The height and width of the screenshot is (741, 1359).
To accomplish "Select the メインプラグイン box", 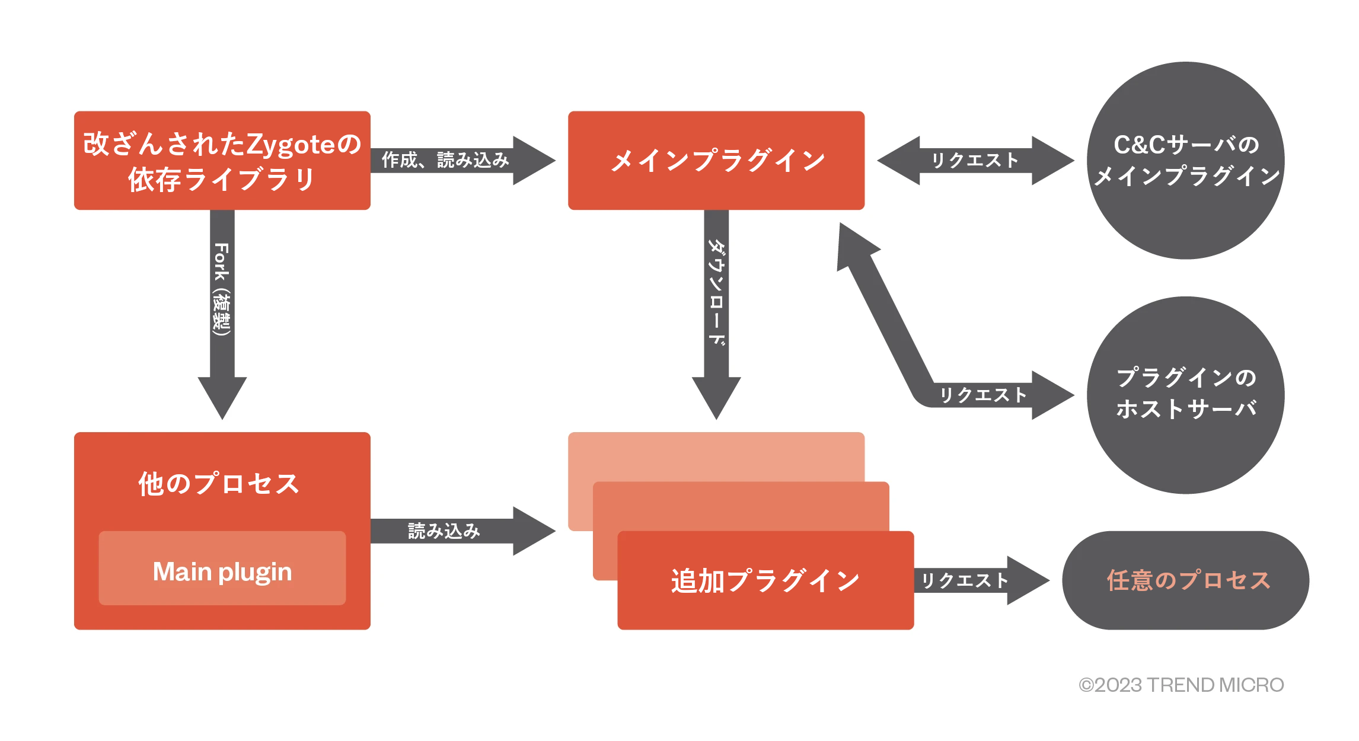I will click(x=716, y=160).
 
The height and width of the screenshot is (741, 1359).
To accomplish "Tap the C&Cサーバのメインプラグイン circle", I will click(x=1185, y=160).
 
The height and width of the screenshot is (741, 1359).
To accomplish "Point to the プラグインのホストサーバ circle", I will click(x=1185, y=394).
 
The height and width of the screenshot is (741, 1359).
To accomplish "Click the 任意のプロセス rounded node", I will click(x=1185, y=580).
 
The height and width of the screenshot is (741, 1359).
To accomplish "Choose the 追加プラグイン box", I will click(x=765, y=580).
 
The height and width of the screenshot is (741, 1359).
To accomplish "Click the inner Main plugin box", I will click(x=222, y=571).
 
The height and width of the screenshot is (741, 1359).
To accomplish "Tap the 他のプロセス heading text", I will click(x=219, y=484).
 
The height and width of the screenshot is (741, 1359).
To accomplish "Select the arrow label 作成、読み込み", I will click(x=445, y=160).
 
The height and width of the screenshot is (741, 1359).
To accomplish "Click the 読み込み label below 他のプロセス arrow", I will click(x=444, y=531).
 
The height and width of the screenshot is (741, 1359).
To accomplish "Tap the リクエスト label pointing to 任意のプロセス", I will click(x=964, y=580).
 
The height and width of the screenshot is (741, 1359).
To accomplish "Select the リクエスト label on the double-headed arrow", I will click(x=975, y=160).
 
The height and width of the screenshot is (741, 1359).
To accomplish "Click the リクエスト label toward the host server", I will click(x=982, y=395).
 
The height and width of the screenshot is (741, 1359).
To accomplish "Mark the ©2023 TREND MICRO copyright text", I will click(x=1181, y=685).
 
